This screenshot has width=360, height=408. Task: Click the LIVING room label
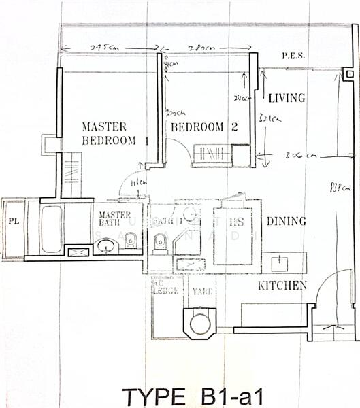coord(286,99)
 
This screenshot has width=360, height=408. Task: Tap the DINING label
coord(286,221)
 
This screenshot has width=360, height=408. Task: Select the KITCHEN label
coord(282,286)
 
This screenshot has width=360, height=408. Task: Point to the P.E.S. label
coord(293,57)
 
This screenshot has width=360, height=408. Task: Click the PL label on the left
coord(13,222)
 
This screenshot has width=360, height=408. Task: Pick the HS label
coord(236,222)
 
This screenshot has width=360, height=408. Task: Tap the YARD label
coord(202,292)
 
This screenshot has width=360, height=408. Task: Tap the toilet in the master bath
coord(131,240)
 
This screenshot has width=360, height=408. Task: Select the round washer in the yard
coord(201,322)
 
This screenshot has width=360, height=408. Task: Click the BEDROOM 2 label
coord(204,126)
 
